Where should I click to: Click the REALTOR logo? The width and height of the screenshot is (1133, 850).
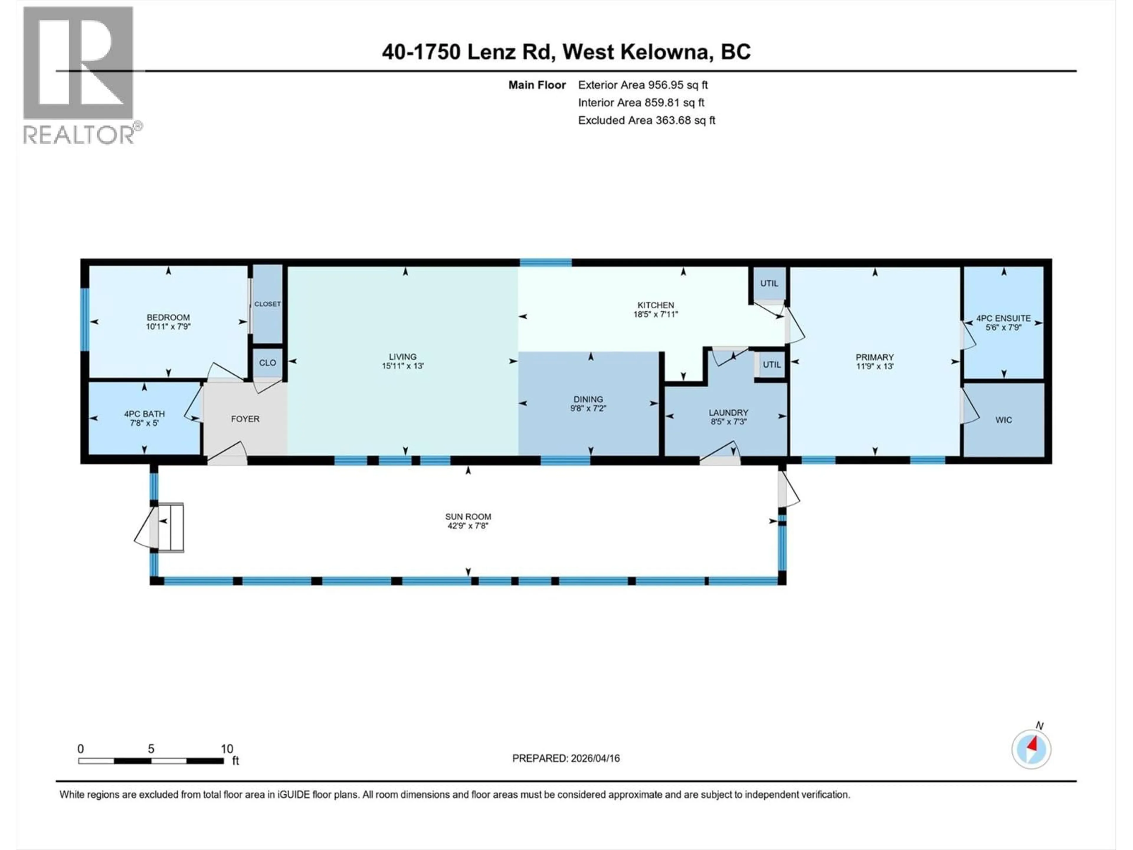(x=79, y=74)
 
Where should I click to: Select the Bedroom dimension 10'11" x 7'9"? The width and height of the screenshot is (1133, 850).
(x=168, y=326)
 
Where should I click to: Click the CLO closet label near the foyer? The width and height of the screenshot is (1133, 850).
(x=267, y=363)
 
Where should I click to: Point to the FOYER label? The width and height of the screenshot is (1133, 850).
(x=245, y=419)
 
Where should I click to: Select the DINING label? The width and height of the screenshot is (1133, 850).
(x=588, y=399)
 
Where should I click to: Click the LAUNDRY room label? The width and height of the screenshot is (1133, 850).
(x=728, y=412)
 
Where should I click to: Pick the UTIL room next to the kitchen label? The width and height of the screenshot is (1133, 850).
(x=769, y=283)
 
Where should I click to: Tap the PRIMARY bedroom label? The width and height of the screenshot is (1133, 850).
(x=874, y=357)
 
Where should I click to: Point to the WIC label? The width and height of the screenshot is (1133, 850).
(x=1003, y=420)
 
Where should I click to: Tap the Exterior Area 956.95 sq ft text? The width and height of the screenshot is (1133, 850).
(x=643, y=85)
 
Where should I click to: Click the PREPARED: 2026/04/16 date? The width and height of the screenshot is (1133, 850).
(x=566, y=758)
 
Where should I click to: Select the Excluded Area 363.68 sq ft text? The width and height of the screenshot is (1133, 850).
(x=646, y=120)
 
